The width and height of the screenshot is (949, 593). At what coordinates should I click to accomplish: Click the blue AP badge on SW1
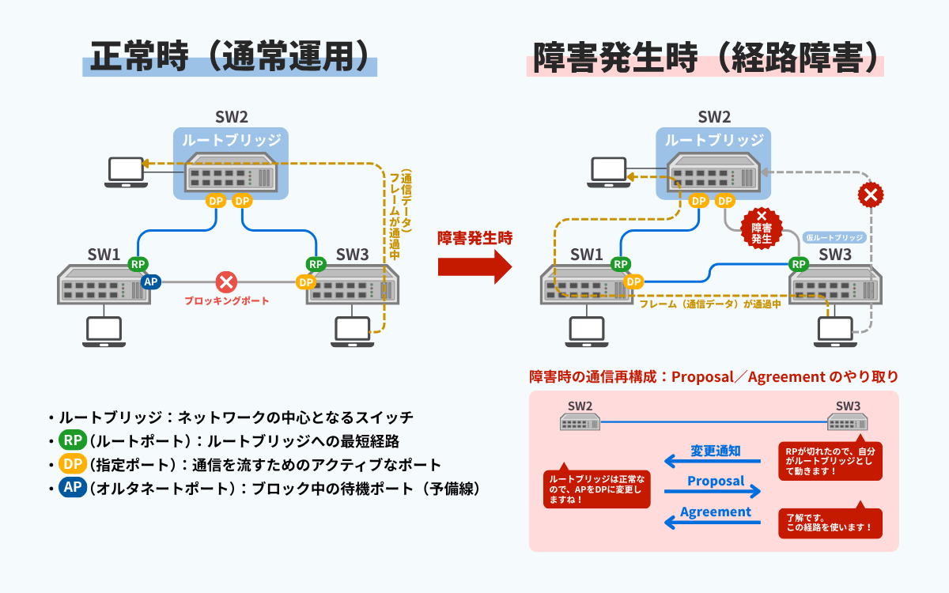point(150,281)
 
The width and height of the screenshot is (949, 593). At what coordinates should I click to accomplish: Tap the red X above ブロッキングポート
point(227,281)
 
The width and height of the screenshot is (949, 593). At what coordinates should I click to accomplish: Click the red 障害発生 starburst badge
point(762,227)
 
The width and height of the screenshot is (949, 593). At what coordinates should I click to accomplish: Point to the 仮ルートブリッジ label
point(834,237)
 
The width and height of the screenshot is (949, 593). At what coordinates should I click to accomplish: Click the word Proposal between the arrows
point(716,481)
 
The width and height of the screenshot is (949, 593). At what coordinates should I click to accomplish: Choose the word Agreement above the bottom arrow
point(716,512)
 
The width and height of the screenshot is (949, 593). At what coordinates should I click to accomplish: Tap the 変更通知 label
point(716,451)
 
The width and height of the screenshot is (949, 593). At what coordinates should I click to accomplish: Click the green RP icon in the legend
point(72,440)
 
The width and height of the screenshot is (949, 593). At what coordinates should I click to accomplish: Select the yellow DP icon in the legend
point(72,464)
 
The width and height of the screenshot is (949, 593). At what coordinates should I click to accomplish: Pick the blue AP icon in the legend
point(72,488)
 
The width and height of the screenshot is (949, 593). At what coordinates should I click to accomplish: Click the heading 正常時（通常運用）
point(230,58)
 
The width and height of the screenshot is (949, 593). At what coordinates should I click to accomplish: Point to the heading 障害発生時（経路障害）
point(705,58)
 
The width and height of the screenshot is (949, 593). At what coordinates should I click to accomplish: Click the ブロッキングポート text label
point(227,301)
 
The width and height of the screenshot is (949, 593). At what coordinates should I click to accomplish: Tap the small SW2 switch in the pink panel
point(580,422)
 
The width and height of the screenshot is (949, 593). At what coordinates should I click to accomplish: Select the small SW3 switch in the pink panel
point(849,422)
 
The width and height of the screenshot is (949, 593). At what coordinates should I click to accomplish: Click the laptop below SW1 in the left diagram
point(102,331)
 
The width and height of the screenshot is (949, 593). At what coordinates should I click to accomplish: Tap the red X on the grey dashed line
point(871,195)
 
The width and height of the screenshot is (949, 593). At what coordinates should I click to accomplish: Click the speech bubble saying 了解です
point(830,523)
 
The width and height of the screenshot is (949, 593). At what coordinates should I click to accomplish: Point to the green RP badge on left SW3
point(316,264)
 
